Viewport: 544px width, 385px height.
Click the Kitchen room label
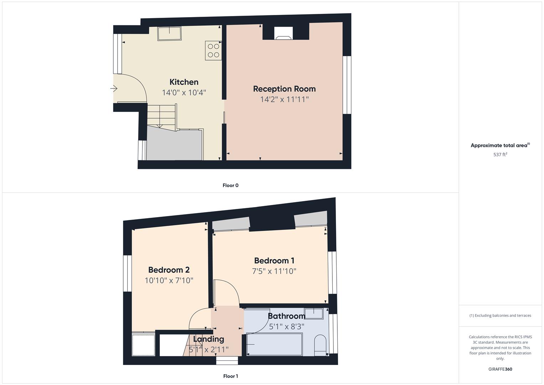[184, 82]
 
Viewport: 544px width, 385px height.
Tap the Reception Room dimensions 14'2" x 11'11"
[284, 99]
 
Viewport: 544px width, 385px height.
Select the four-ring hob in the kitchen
[213, 50]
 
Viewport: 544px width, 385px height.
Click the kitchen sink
[170, 34]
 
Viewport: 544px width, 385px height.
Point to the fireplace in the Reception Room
[284, 34]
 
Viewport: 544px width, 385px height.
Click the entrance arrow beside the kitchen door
[114, 88]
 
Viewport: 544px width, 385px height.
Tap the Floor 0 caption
[230, 185]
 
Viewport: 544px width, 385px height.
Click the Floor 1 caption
[230, 376]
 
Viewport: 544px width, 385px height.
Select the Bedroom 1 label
[274, 261]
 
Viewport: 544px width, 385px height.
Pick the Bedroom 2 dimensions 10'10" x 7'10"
[169, 281]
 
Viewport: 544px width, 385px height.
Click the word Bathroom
[286, 316]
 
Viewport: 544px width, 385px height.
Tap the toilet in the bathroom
[320, 344]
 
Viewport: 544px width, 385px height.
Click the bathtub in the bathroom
[275, 344]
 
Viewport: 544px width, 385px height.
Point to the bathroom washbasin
[314, 313]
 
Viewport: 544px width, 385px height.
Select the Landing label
[208, 339]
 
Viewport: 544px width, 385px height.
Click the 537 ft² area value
[500, 155]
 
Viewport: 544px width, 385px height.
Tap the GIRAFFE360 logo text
[500, 369]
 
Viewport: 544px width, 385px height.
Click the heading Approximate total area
[499, 145]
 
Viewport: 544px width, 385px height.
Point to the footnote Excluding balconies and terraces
[500, 315]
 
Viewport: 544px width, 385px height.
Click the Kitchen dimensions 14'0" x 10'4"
[184, 93]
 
